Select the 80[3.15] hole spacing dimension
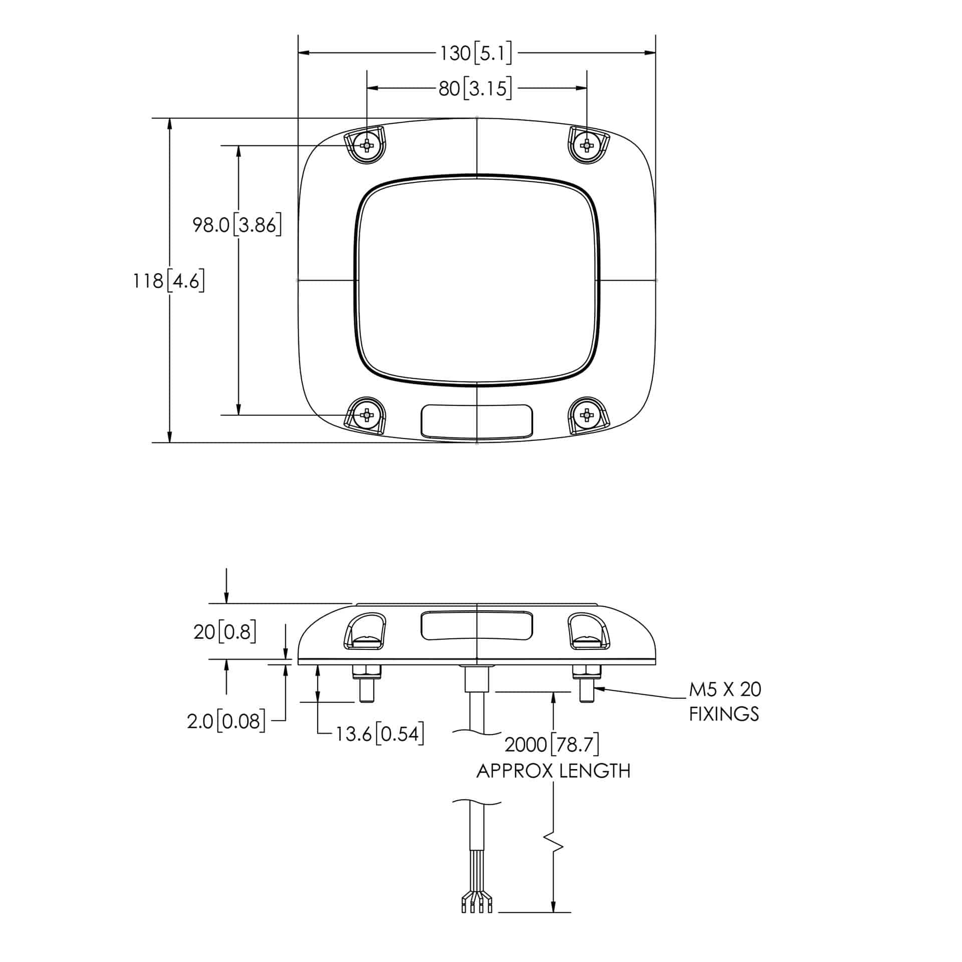(x=475, y=89)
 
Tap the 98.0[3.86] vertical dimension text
(x=237, y=225)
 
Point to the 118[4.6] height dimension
(x=169, y=281)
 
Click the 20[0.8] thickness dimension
(x=225, y=632)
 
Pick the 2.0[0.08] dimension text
(x=226, y=722)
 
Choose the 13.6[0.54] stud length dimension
(x=380, y=734)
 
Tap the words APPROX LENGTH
(x=553, y=771)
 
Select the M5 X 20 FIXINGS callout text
(x=725, y=701)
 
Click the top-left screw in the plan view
(x=367, y=145)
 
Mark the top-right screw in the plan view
(x=586, y=145)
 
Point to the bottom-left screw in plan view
(x=367, y=415)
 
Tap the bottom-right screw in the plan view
(x=586, y=415)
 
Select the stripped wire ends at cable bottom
(x=476, y=906)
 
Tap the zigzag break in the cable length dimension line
(x=554, y=847)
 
